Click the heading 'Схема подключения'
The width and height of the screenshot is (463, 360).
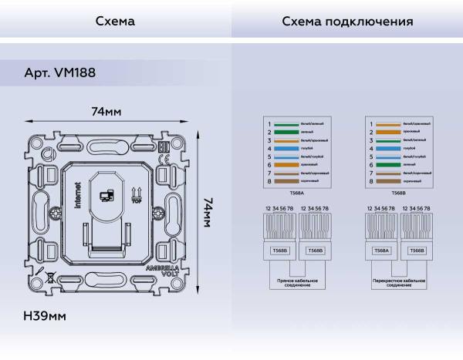pos(346,22)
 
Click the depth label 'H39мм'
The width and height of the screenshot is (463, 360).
pos(45,317)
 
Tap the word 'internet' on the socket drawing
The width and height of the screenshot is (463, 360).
pos(77,196)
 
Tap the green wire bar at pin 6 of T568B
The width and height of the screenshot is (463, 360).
pos(387,165)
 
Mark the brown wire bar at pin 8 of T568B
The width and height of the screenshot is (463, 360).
pos(387,181)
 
